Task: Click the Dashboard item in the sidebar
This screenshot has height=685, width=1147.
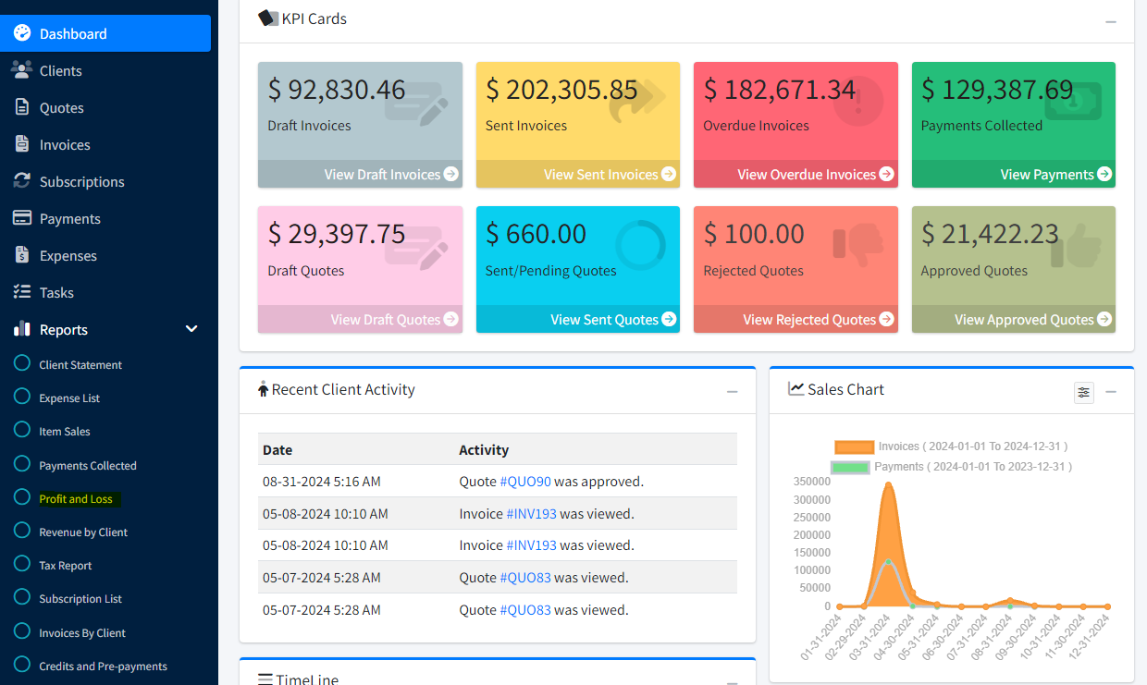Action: (73, 33)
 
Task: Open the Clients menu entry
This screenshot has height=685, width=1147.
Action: (60, 70)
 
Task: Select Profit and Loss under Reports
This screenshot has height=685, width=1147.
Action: (76, 499)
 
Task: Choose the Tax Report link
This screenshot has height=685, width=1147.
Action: (65, 566)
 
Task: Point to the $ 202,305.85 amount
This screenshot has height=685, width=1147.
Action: (561, 90)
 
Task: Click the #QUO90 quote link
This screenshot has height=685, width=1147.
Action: (525, 482)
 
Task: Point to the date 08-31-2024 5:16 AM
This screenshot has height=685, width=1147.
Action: (321, 482)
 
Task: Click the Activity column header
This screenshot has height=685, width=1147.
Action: (484, 450)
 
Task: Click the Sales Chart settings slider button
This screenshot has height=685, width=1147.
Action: (1084, 393)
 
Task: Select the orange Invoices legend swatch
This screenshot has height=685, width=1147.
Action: (854, 446)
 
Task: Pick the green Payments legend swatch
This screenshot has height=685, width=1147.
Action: (850, 467)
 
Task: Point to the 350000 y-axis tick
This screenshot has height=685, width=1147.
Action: (811, 482)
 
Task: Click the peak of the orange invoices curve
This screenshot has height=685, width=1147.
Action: (888, 483)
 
